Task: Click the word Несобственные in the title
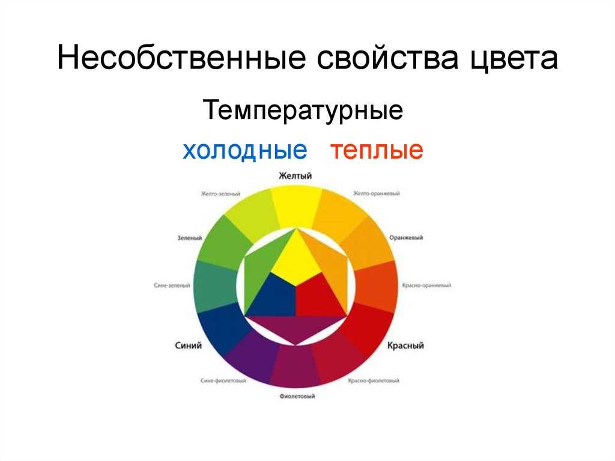(x=181, y=58)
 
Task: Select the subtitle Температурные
(x=303, y=111)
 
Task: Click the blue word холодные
(x=245, y=150)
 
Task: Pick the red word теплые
(x=377, y=150)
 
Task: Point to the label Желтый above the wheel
(x=295, y=176)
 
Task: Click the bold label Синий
(x=188, y=346)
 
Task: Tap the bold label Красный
(x=405, y=346)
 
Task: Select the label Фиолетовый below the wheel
(x=297, y=396)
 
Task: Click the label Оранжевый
(x=406, y=237)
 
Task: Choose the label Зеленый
(x=189, y=238)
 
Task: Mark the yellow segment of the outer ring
(x=296, y=206)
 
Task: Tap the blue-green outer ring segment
(x=216, y=286)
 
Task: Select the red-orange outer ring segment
(x=376, y=286)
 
